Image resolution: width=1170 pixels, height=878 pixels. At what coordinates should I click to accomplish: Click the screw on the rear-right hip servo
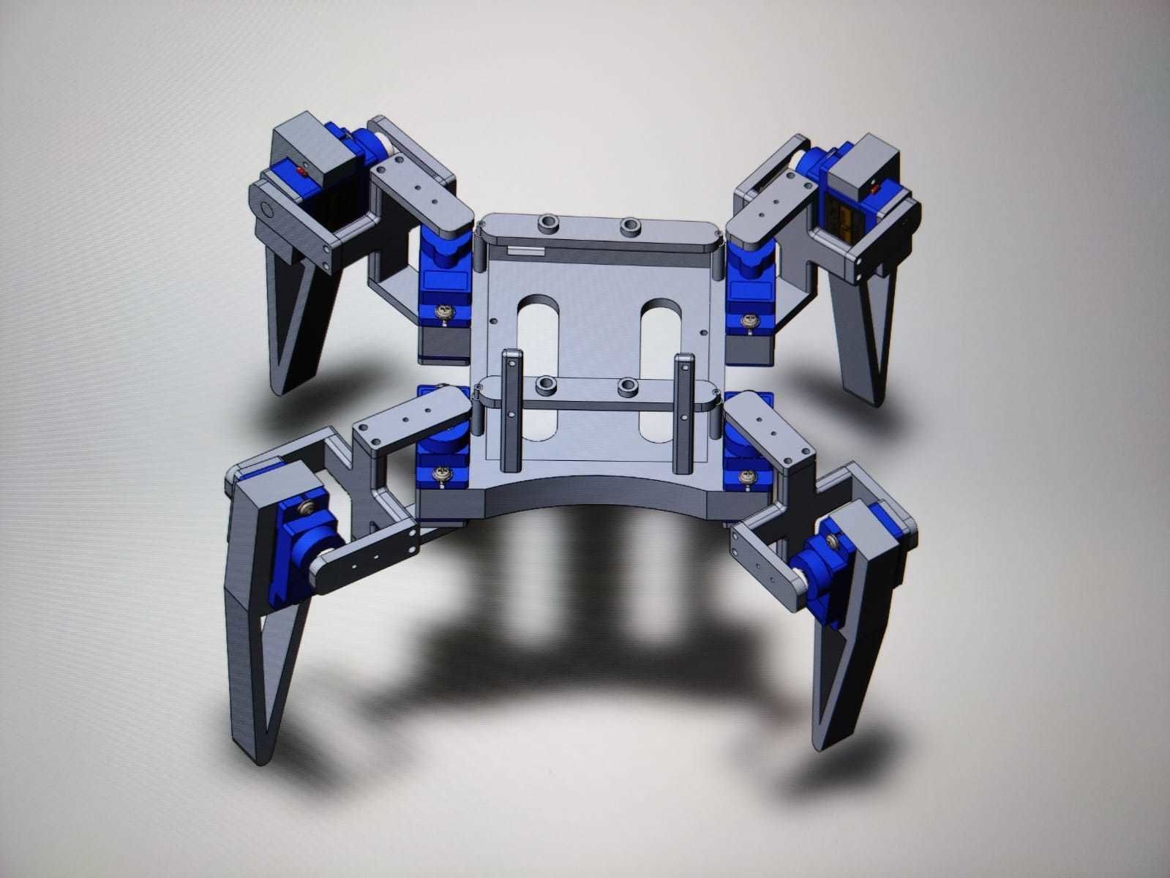click(x=749, y=320)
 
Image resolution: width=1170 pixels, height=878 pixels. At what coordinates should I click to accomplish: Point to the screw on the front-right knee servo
click(x=833, y=540)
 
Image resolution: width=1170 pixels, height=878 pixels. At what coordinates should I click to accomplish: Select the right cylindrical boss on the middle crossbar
click(x=627, y=386)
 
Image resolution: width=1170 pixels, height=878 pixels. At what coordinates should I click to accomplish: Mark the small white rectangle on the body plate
click(x=525, y=251)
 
